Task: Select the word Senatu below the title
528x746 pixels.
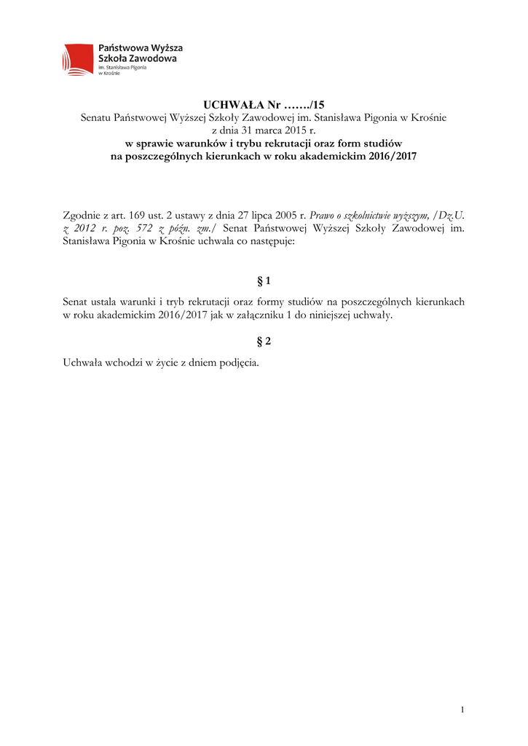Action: point(97,117)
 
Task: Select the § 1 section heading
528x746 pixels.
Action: point(264,280)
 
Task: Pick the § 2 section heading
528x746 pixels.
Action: point(264,340)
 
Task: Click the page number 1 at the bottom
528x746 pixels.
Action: point(462,710)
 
